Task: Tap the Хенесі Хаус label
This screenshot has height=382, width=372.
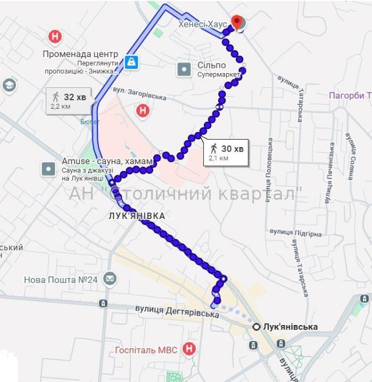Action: tap(202, 25)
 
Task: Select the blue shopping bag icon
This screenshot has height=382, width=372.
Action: tap(132, 62)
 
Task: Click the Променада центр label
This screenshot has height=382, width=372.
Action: tap(80, 54)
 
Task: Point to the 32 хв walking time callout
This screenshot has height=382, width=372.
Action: tap(69, 101)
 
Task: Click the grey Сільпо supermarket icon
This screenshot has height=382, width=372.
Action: tap(184, 70)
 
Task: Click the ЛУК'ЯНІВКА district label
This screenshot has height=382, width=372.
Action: tap(137, 216)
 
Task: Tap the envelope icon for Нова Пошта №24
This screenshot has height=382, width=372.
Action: tap(110, 279)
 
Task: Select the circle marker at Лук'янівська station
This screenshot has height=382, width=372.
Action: tap(257, 327)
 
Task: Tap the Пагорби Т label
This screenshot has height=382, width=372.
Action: tap(350, 95)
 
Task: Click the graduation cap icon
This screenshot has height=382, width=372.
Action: tap(9, 85)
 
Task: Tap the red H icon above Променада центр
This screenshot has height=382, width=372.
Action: tap(55, 37)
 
